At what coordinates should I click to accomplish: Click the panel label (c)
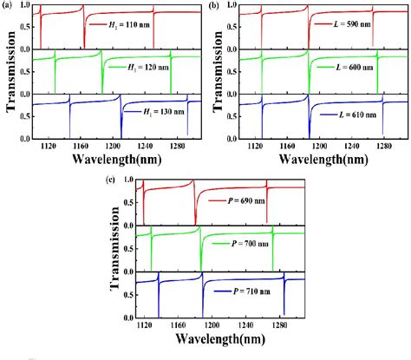107,180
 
